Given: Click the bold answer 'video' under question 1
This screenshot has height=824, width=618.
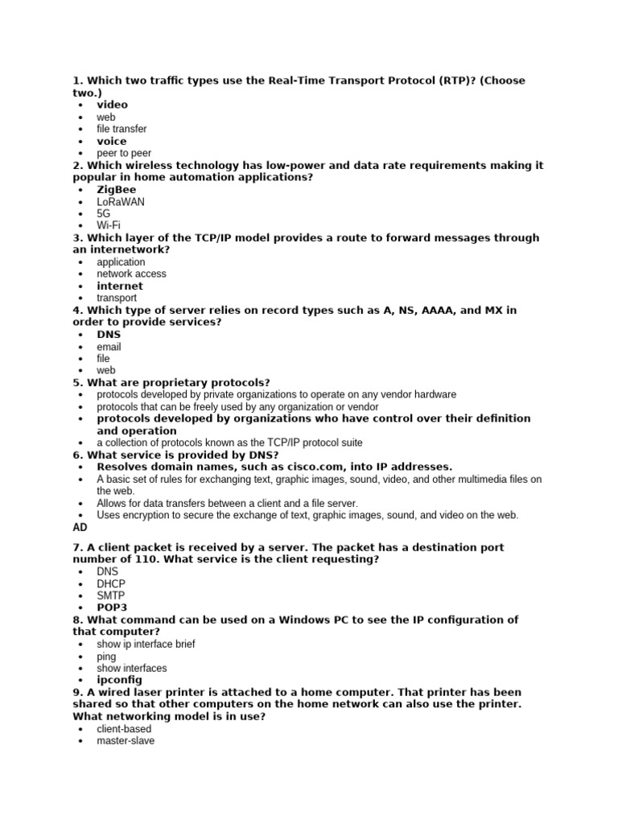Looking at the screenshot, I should click(112, 105).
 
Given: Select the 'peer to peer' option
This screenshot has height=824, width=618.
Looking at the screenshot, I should click(124, 153).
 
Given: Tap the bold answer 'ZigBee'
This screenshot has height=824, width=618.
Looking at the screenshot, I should click(117, 190).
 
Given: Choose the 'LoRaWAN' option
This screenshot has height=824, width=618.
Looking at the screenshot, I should click(121, 202).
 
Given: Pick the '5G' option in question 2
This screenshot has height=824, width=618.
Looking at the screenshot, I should click(104, 214).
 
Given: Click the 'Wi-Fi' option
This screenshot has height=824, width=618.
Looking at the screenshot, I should click(109, 226).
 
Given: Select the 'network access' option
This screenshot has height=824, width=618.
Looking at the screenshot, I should click(131, 274).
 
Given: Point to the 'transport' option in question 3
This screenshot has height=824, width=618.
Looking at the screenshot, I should click(117, 298).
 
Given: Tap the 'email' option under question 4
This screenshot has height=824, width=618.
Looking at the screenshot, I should click(109, 347).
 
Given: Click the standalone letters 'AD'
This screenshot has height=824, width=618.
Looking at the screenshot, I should click(80, 527).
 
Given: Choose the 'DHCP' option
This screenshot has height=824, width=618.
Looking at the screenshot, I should click(111, 583).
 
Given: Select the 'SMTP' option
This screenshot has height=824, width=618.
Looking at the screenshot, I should click(111, 595).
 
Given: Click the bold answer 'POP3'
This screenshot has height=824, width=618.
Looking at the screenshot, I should click(112, 608).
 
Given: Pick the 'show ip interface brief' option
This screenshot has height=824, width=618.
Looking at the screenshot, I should click(146, 644).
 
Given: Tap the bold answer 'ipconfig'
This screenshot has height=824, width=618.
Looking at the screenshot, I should click(120, 680).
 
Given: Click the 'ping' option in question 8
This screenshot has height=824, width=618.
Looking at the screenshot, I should click(106, 657).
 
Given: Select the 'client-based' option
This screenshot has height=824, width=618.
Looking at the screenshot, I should click(124, 729).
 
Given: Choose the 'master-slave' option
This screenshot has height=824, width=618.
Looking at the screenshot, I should click(126, 741).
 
